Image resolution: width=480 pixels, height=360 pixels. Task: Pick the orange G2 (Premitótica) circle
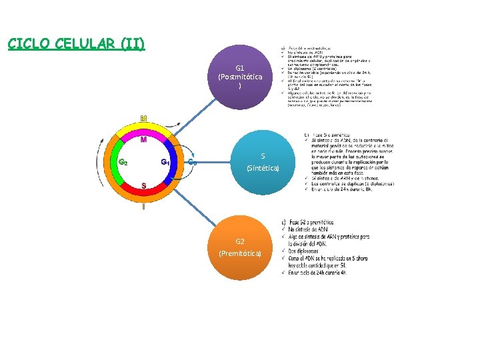pyautogui.click(x=240, y=247)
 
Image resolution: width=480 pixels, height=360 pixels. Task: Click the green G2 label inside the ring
pyautogui.click(x=123, y=162)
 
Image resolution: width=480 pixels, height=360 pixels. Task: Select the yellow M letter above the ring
pyautogui.click(x=143, y=119)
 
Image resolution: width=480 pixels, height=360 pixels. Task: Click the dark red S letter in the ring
pyautogui.click(x=143, y=185)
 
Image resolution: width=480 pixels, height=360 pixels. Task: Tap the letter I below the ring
pyautogui.click(x=143, y=207)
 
